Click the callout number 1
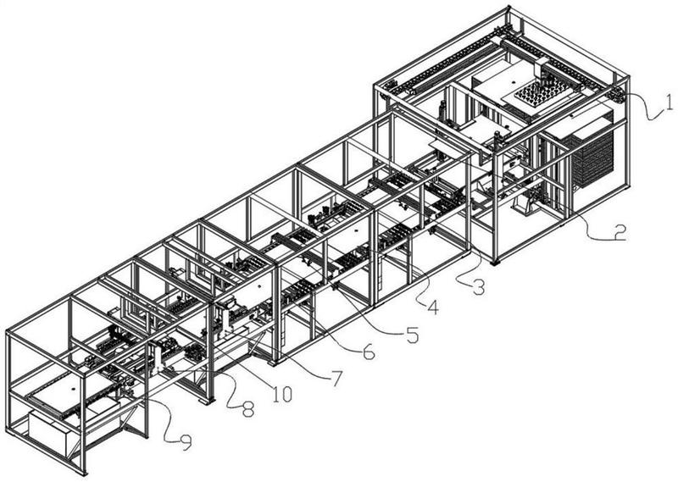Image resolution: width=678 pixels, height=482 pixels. pos(668,102)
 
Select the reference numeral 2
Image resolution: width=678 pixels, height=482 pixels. pos(620,233)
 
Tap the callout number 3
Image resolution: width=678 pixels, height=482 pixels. pos(478,287)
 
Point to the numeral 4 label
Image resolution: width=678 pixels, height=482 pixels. pos(433,307)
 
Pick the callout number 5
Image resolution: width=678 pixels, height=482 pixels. pos(413,334)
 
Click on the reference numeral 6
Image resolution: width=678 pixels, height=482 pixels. pos(368,352)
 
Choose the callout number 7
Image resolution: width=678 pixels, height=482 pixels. pos(336,378)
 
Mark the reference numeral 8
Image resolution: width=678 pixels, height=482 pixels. pos(247,409)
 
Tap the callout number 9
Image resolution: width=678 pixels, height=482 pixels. pos(185,442)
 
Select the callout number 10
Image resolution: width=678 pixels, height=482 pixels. pos(282,393)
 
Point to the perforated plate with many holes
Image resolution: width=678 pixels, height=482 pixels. pos(537,92)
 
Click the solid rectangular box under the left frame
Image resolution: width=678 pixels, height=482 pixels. pos(47,432)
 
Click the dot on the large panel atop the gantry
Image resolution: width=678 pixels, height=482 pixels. pos(513,81)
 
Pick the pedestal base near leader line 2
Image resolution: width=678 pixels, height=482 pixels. pos(525,204)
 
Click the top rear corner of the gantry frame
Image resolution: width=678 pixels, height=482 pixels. pos(508,8)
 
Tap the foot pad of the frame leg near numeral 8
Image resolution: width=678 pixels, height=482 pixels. pos(207,401)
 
